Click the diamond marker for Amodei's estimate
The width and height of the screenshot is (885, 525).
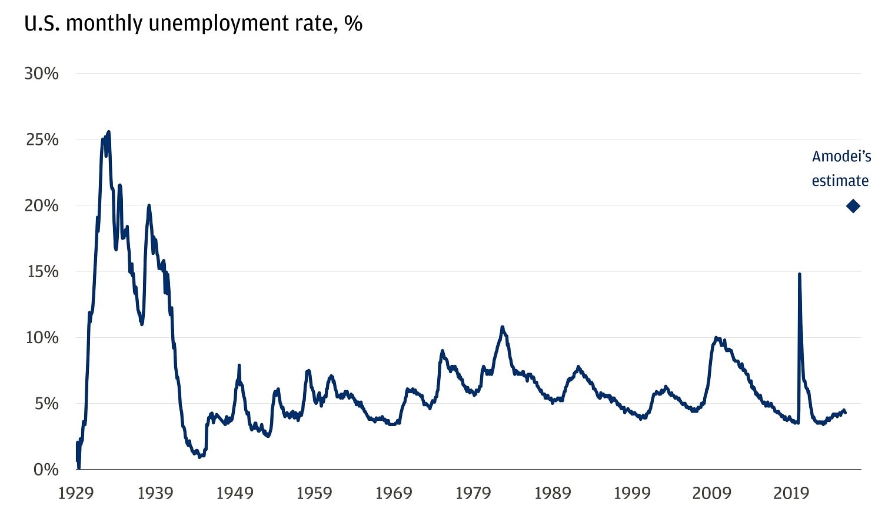[853, 206]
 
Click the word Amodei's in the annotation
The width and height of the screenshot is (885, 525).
[841, 157]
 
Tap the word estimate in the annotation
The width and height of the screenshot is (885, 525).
[840, 181]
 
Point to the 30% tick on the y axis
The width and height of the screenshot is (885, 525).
[41, 74]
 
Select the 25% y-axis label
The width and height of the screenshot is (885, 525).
[42, 139]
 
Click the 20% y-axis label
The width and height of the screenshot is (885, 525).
[41, 205]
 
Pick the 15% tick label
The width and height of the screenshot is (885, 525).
[42, 271]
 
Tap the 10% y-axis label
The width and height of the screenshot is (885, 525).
[41, 337]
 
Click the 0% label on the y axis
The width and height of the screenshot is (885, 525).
[46, 469]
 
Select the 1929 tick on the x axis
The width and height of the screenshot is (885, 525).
[76, 493]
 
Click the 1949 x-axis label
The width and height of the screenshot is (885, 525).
[234, 493]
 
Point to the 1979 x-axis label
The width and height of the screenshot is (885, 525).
[473, 493]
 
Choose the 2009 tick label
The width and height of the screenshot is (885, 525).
[711, 493]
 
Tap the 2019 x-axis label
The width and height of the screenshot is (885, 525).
[791, 493]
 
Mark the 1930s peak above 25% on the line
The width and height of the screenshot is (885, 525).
[109, 132]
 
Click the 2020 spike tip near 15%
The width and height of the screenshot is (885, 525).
[799, 274]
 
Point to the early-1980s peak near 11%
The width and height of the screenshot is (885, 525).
[502, 327]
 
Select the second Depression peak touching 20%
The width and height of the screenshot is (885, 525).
[149, 205]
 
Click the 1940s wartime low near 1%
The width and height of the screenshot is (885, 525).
[199, 457]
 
